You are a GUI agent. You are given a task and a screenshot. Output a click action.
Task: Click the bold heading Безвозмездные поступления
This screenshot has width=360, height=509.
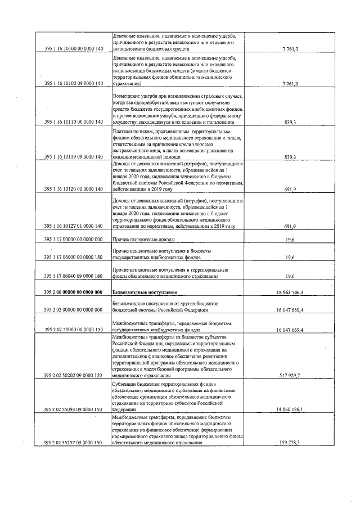(x=145, y=292)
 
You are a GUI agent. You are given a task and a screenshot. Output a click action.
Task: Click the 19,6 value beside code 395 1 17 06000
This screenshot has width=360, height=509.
(x=290, y=258)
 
